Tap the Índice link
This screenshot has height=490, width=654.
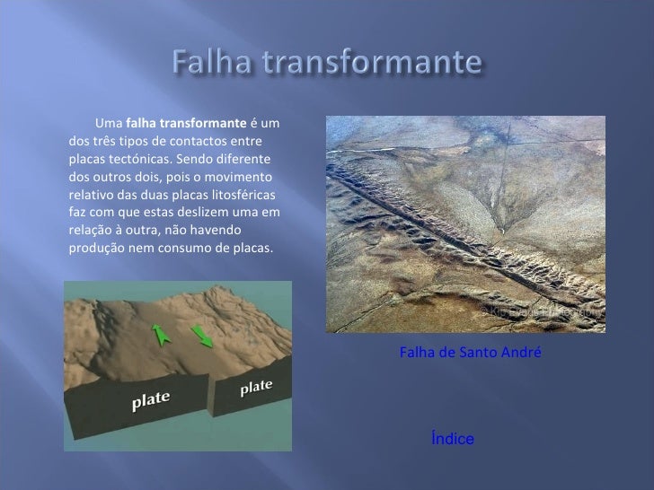452,439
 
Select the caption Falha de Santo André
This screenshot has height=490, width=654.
470,354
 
